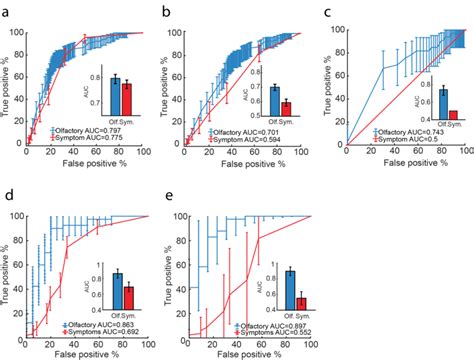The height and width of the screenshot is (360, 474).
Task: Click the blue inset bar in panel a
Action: coord(115,89)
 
